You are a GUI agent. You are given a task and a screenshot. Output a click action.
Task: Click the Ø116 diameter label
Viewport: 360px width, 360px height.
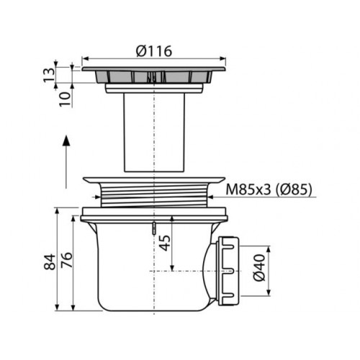[154, 51]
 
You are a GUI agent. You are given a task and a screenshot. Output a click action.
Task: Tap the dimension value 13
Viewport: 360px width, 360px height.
[49, 75]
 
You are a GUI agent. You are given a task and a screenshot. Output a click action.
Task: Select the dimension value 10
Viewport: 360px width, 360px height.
[66, 99]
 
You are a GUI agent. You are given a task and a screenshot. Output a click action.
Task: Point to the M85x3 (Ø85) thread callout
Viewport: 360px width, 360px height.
[269, 189]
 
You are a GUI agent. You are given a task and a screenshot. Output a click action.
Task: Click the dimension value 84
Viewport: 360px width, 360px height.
[50, 262]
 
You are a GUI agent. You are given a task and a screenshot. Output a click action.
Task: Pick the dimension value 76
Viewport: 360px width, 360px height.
[66, 260]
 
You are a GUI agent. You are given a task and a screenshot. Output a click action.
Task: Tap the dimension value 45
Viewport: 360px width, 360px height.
[165, 243]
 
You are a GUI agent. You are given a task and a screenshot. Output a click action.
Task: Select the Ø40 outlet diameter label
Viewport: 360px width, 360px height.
[259, 267]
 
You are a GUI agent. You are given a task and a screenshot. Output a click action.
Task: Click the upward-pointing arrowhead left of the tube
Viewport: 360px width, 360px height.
[66, 140]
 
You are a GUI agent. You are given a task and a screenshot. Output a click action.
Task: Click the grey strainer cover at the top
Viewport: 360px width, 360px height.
[154, 75]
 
